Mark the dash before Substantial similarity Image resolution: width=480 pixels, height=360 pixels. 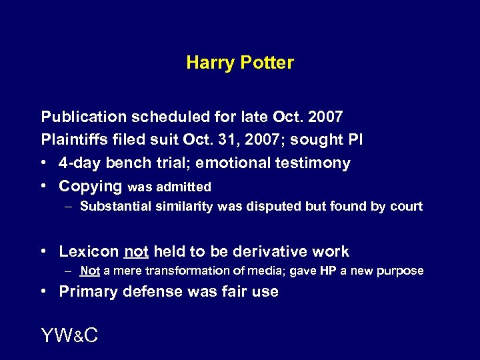coord(69,207)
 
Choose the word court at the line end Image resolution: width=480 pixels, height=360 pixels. coord(405,207)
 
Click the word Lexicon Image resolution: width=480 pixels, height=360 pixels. coord(89,251)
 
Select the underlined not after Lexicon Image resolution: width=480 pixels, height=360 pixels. coord(135,251)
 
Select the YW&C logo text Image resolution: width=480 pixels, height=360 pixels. coord(69,336)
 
